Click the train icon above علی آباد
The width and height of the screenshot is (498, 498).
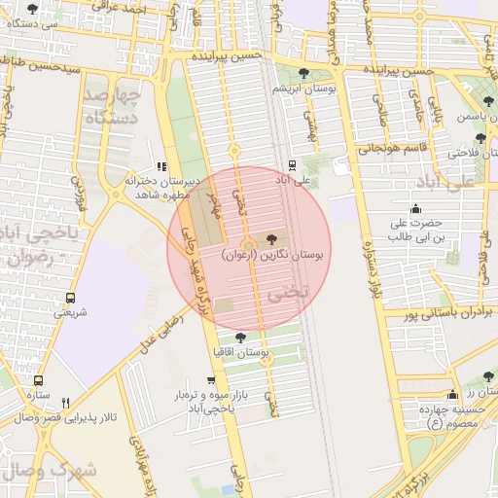click(293, 165)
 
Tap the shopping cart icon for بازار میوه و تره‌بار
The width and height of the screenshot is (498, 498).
click(211, 380)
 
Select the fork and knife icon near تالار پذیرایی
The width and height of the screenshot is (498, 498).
click(65, 403)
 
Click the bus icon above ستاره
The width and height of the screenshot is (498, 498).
click(38, 380)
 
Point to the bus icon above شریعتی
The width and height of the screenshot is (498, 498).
click(70, 298)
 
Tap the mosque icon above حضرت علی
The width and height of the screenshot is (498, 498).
click(416, 208)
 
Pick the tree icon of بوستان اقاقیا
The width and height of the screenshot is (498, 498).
click(240, 337)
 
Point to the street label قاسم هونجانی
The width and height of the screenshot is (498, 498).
click(386, 149)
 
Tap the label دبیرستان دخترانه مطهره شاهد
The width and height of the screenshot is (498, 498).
click(161, 187)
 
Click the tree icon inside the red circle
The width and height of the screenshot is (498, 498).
click(271, 239)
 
